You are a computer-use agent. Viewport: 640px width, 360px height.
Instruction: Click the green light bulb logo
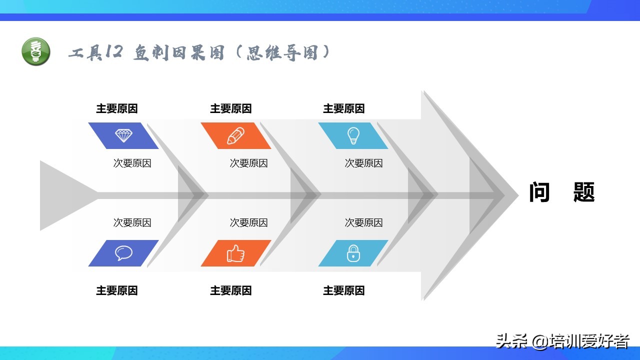coord(36,51)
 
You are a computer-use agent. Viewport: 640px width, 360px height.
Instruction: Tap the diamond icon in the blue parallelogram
coord(123,135)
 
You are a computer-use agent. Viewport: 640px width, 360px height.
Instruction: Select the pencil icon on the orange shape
coord(235,135)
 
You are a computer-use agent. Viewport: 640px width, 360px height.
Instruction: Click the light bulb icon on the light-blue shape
coord(353,135)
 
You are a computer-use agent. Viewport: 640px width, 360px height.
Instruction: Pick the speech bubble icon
coord(123,253)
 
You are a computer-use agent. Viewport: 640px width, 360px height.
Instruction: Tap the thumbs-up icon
coord(235,253)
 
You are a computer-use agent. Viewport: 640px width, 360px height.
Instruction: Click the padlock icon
coord(353,253)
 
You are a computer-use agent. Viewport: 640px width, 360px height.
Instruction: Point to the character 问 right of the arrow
coord(539,192)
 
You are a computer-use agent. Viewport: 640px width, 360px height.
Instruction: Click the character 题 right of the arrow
coord(584,192)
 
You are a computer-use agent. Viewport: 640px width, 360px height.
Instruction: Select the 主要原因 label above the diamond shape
coord(117,108)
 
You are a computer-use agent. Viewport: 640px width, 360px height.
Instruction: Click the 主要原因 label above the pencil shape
coord(231,108)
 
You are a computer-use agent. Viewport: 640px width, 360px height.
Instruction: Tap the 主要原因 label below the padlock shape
coord(343,290)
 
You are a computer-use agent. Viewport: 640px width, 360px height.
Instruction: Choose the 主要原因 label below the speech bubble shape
coord(117,290)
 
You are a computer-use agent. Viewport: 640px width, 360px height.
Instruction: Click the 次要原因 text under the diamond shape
coord(132,163)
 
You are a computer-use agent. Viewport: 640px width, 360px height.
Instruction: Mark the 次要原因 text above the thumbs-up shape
coord(249,222)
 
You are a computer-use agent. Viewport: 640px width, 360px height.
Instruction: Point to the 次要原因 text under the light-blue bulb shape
coord(363,163)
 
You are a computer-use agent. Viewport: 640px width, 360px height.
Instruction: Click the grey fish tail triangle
coord(63,195)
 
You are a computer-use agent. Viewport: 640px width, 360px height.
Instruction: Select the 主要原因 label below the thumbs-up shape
coord(231,290)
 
